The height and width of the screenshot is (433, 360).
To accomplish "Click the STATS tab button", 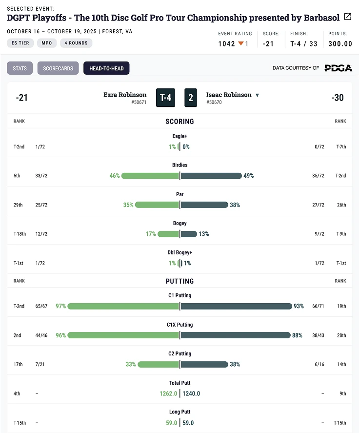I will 20,68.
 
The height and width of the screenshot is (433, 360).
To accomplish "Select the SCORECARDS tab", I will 58,68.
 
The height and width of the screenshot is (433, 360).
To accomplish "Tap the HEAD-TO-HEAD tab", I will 106,68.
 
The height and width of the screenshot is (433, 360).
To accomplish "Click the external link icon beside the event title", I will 347,17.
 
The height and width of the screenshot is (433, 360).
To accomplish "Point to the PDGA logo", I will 338,68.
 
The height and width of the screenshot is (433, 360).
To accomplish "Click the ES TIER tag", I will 20,43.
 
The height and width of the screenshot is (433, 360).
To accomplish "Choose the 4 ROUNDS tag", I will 76,43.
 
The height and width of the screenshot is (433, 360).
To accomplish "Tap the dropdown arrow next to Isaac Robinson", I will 257,95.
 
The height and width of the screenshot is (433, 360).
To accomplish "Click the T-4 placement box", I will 166,98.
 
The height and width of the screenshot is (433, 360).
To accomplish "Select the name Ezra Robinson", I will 125,95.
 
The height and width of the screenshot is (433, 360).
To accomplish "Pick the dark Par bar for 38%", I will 204,205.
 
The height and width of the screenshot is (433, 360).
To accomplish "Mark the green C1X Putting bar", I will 123,335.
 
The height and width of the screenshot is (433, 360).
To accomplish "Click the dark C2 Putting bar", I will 204,364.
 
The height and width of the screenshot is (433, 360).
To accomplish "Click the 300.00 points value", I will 340,43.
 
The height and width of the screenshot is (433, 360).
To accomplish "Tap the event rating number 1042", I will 227,43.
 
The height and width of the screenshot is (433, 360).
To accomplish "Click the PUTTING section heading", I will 180,281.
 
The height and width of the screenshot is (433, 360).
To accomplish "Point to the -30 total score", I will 337,98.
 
